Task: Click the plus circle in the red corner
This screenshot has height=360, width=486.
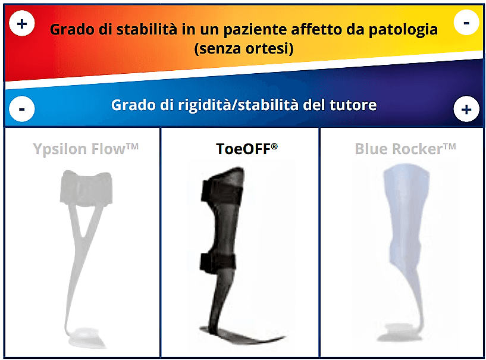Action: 21,23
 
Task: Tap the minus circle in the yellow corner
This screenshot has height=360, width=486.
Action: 466,23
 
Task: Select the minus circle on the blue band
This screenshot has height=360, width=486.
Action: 21,109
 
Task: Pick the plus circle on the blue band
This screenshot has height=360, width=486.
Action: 466,109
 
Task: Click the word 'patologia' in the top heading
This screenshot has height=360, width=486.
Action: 403,30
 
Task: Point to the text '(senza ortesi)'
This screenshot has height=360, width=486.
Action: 244,49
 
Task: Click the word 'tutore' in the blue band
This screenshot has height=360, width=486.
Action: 353,105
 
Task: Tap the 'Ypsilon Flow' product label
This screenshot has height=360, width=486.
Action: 86,149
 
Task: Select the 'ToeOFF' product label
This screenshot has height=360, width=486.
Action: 247,149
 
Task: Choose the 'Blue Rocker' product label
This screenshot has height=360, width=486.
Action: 405,149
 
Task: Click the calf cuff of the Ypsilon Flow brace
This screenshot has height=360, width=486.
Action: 86,188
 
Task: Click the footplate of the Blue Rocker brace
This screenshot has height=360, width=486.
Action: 400,333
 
